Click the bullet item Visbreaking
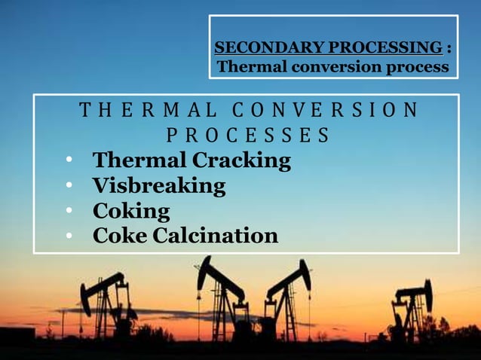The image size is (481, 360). click(x=158, y=186)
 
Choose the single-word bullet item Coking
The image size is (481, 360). click(x=130, y=211)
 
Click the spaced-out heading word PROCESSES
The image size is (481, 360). click(x=247, y=136)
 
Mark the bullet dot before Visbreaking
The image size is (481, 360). click(x=69, y=186)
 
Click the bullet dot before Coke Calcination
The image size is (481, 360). click(x=69, y=236)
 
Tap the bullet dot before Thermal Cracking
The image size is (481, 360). click(x=69, y=161)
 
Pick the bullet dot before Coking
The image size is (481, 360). click(x=69, y=211)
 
